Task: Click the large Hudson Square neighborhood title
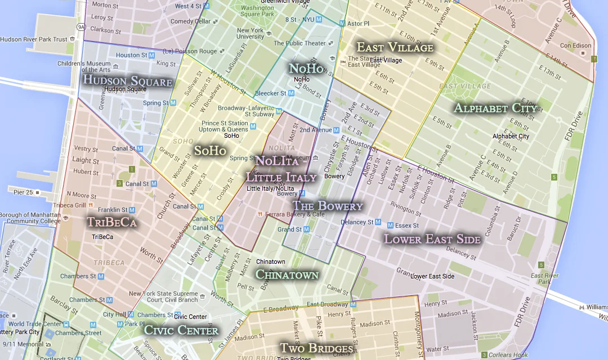tap(127, 80)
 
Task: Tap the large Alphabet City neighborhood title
tap(495, 108)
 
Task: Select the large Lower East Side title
tap(432, 239)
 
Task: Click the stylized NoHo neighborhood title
tap(306, 68)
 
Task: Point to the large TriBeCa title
tap(112, 222)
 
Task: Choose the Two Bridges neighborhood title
tap(316, 348)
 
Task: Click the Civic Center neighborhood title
tap(181, 330)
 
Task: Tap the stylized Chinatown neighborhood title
tap(287, 274)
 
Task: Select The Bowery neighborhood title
tap(328, 206)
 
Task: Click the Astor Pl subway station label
tap(358, 24)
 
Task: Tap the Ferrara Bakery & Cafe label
tap(295, 214)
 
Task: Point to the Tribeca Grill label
tap(69, 205)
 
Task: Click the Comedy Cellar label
tap(190, 21)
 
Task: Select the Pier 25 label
tap(24, 192)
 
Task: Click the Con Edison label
tap(575, 46)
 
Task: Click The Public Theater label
tap(299, 43)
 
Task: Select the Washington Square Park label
tap(258, 11)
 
